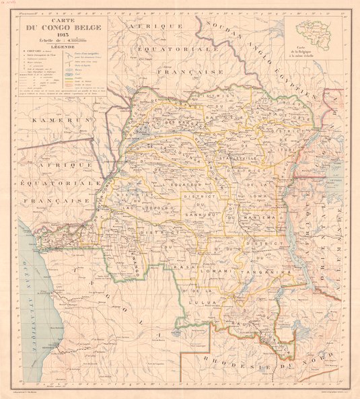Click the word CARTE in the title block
[x=57, y=17]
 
